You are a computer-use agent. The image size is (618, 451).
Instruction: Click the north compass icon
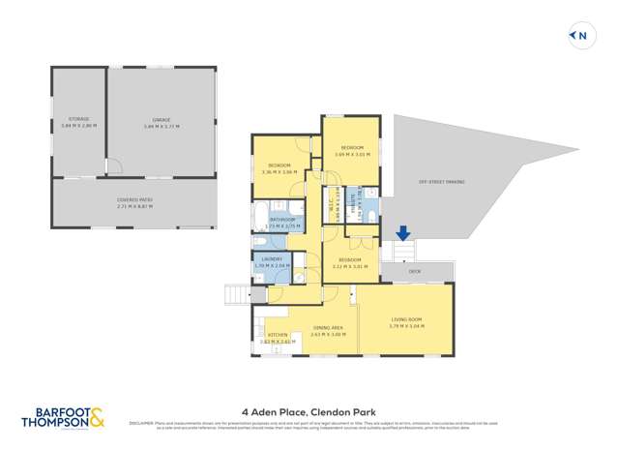tap(579, 37)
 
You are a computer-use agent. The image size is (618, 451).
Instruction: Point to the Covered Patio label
tap(134, 200)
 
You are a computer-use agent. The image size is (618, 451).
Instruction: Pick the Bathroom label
tap(282, 220)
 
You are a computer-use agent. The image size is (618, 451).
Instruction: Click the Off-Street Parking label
tap(442, 182)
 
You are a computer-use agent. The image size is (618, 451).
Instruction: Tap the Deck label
tap(414, 272)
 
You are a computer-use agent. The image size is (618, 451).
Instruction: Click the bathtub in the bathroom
tap(261, 213)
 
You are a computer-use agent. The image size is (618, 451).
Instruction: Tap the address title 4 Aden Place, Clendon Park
tap(308, 409)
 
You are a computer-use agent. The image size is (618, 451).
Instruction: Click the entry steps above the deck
tap(403, 252)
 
